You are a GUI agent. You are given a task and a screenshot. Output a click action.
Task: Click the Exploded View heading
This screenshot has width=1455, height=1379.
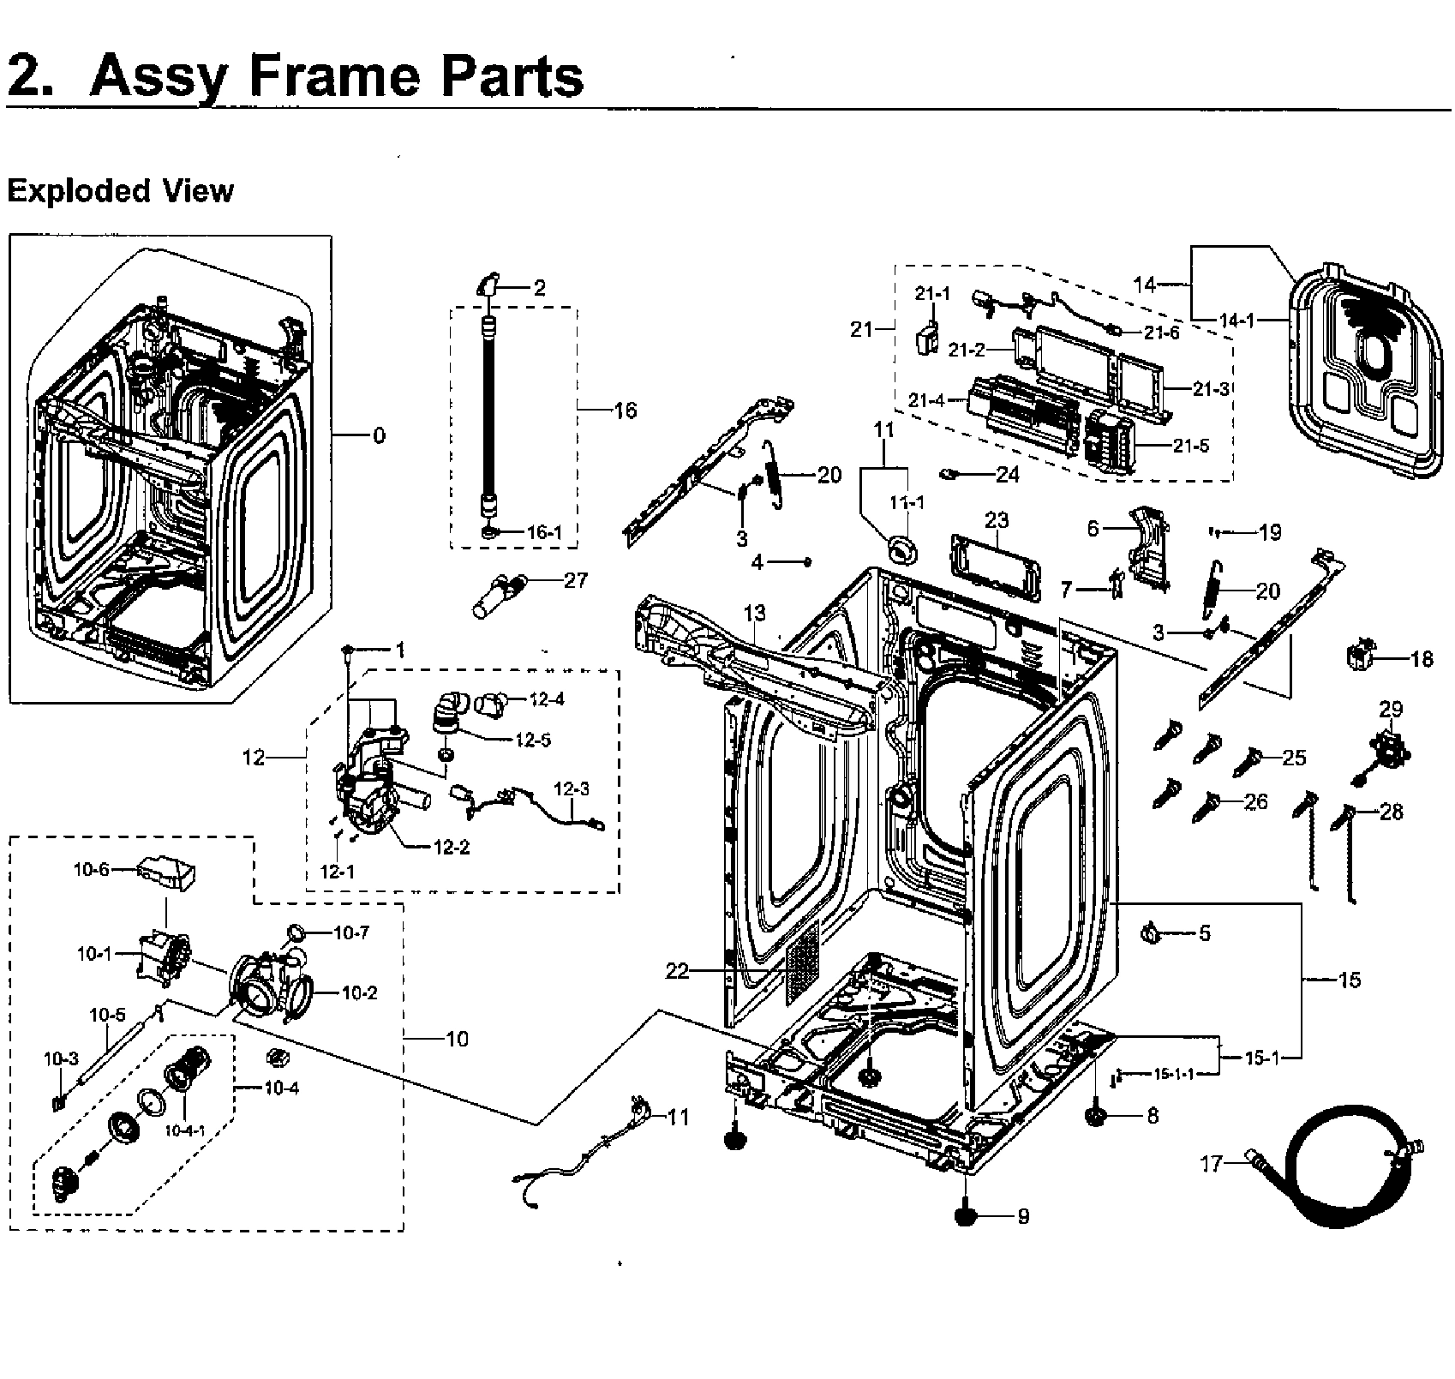pos(120,190)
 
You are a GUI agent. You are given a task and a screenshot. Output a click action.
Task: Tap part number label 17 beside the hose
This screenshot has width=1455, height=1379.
pos(1210,1164)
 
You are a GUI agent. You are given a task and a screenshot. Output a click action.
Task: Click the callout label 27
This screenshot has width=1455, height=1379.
pos(576,580)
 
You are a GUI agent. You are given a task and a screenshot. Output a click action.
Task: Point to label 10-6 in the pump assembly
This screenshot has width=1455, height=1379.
pos(91,869)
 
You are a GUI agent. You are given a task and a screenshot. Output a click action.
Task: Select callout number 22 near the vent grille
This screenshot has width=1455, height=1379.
pos(677,971)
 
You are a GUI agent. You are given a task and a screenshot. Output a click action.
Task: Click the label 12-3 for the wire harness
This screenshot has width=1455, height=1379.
pos(572,788)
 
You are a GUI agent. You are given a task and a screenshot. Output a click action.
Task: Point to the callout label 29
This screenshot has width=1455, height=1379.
pos(1390,709)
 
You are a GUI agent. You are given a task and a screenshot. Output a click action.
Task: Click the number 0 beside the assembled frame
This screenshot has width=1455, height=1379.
pos(379,435)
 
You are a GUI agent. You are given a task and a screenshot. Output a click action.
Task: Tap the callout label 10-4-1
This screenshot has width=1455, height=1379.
pos(185,1130)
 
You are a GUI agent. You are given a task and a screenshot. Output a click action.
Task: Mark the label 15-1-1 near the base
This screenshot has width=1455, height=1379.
pos(1173,1073)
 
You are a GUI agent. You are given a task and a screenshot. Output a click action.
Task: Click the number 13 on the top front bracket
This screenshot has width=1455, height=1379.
pos(754,613)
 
